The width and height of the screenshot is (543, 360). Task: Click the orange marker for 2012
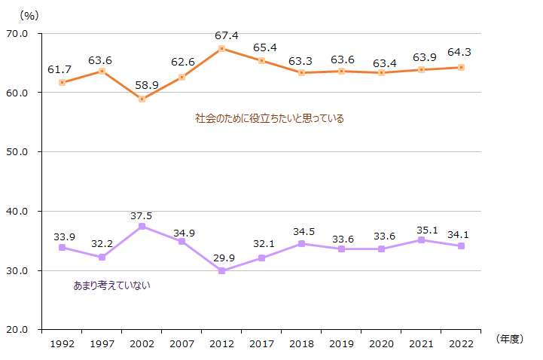click(x=221, y=48)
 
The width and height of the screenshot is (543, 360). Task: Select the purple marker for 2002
click(x=142, y=226)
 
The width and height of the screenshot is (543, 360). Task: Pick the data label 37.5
click(x=142, y=215)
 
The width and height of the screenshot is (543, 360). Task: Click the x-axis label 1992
click(x=62, y=344)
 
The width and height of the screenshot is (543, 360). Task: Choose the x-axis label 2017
click(x=261, y=344)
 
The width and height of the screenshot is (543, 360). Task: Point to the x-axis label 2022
click(x=461, y=344)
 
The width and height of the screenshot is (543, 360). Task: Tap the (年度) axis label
click(x=509, y=340)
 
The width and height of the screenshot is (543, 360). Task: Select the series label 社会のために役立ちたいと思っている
click(x=270, y=118)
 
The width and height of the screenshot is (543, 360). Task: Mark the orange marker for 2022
click(x=461, y=67)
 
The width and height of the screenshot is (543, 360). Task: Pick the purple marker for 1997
click(x=102, y=257)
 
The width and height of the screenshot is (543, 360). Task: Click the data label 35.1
click(x=421, y=227)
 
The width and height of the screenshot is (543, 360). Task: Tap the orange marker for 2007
click(x=182, y=77)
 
